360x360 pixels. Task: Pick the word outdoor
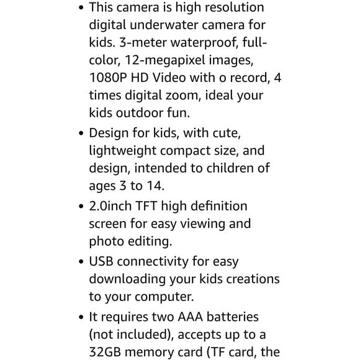coord(147,113)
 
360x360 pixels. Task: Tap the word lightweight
coord(122,151)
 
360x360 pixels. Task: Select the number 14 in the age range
coord(155,186)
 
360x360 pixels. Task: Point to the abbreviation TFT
coord(155,206)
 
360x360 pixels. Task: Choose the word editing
coord(149,241)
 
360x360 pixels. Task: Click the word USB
coord(101,262)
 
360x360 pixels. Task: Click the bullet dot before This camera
coord(81,9)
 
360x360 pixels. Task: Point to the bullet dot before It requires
coord(81,318)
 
